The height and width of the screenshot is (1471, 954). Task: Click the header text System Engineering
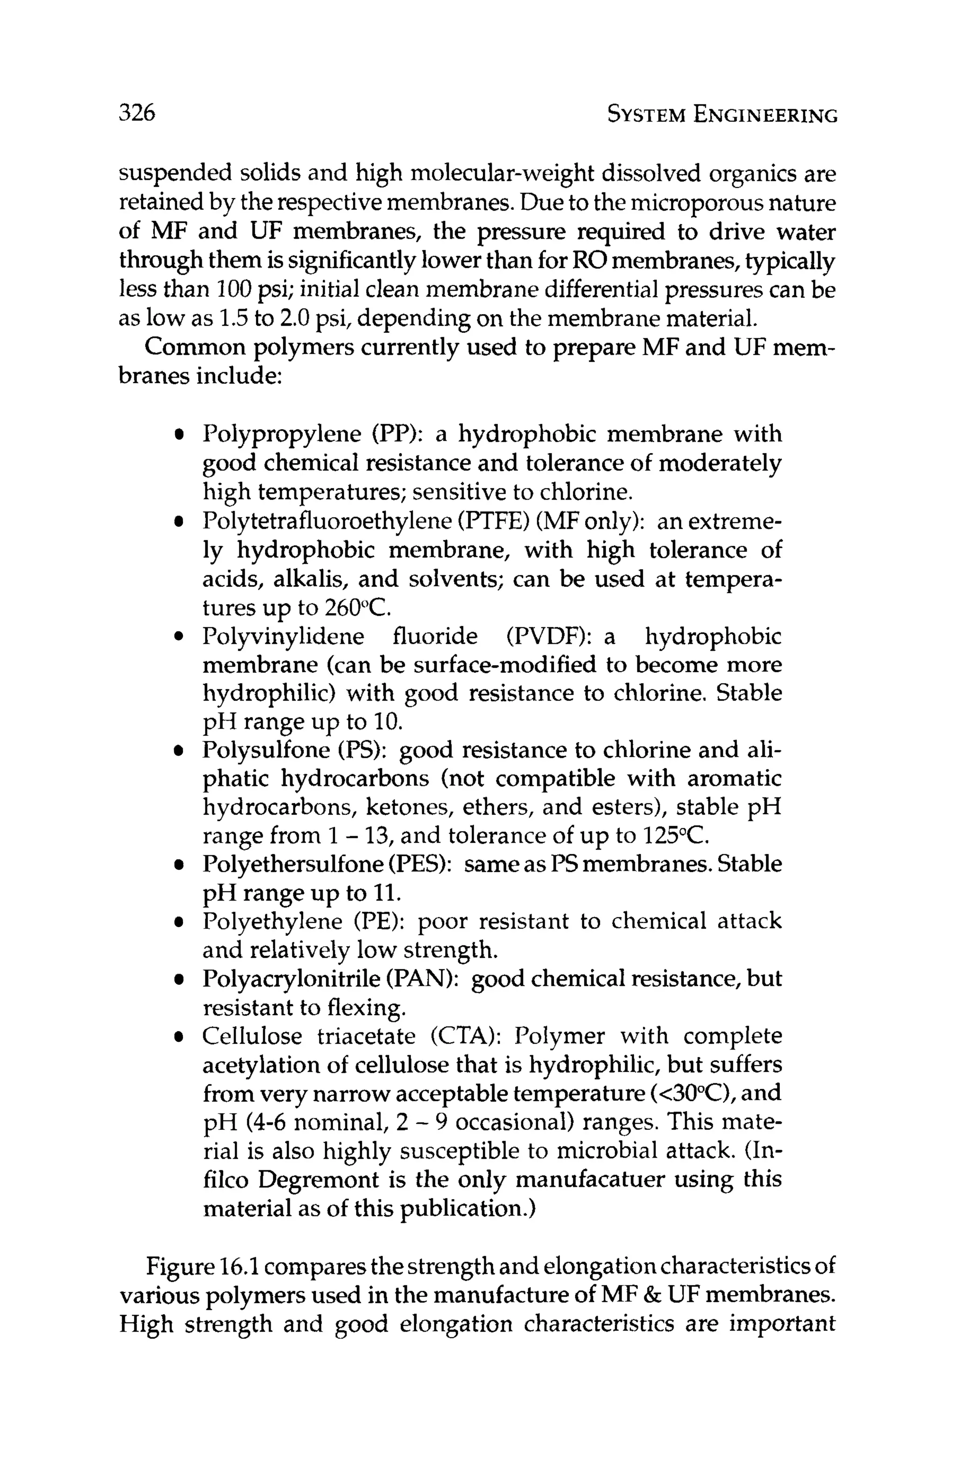tap(722, 115)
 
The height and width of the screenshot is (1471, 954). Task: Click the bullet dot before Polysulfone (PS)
tap(178, 751)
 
